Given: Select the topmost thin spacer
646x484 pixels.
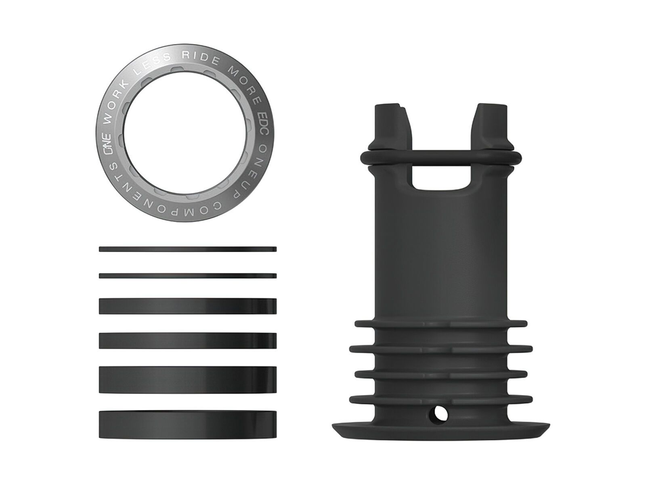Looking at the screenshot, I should [x=188, y=249].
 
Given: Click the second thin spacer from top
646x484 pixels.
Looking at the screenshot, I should [x=188, y=276].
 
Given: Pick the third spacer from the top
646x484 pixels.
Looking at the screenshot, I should [x=188, y=306].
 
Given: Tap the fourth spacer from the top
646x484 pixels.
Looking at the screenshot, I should [x=188, y=340].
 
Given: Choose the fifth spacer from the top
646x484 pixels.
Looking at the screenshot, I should [x=188, y=379].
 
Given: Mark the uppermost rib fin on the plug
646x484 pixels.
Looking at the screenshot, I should [x=440, y=323].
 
